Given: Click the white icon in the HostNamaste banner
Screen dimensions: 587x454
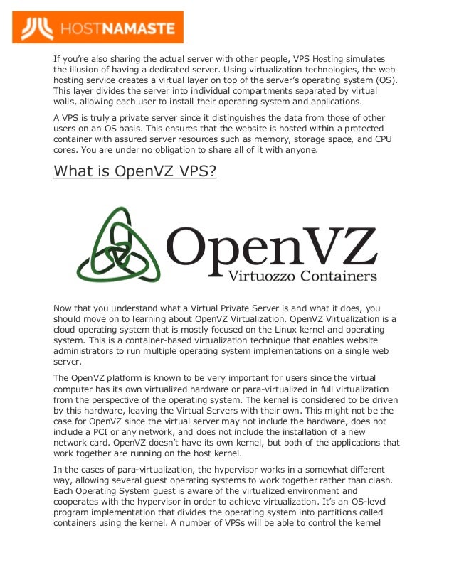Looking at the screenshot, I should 36,28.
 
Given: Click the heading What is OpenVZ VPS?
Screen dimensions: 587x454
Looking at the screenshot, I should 134,171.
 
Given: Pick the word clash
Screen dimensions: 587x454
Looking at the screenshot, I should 369,480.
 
